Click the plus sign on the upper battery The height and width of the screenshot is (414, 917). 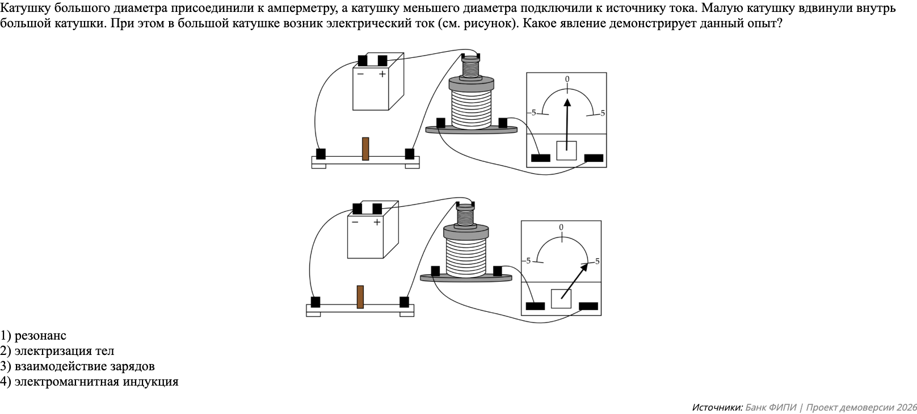click(382, 74)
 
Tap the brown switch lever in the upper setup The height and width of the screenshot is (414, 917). click(365, 149)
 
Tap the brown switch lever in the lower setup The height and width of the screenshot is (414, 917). click(360, 297)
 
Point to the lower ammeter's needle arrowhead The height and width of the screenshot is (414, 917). click(586, 266)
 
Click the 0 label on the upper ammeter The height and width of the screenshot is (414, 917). click(567, 80)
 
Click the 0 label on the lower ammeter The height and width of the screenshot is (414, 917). click(561, 227)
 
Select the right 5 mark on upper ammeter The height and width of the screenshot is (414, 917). click(602, 113)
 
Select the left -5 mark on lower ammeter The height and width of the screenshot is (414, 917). click(528, 261)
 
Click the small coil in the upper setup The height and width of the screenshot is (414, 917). click(470, 68)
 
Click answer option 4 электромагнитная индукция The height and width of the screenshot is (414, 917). click(90, 382)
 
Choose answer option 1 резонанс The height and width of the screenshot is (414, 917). click(33, 336)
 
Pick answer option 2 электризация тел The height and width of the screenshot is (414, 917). click(57, 351)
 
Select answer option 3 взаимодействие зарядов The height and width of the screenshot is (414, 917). click(78, 366)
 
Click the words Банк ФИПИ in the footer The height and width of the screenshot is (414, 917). click(771, 407)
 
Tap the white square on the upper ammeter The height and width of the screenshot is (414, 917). click(566, 150)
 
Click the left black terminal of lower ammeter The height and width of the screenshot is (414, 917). click(535, 306)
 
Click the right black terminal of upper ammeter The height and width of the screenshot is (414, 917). click(594, 158)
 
